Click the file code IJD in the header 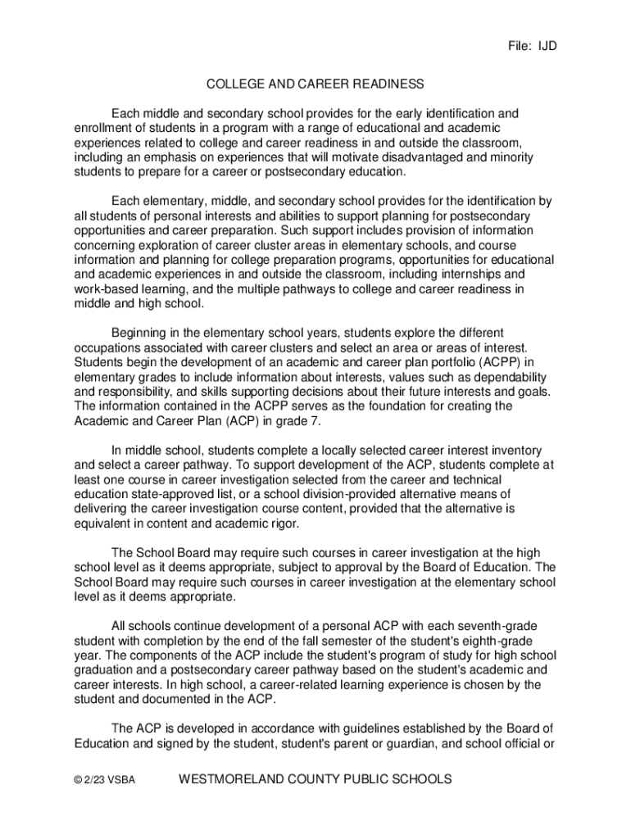[x=547, y=46]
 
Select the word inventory [x=515, y=451]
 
